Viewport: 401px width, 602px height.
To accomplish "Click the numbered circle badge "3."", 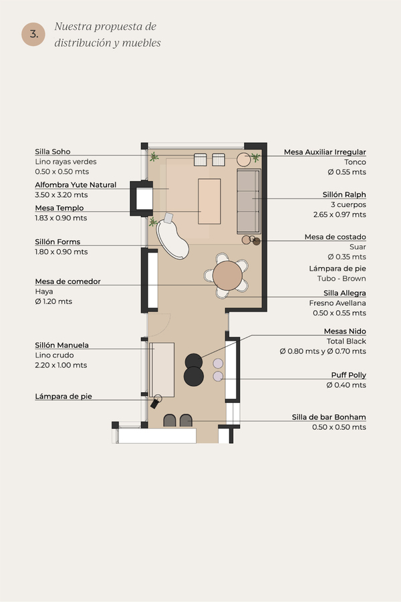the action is (x=33, y=34).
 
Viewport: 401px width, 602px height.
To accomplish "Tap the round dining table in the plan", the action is (x=227, y=275).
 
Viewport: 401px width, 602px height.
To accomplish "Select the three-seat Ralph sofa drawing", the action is (x=249, y=201).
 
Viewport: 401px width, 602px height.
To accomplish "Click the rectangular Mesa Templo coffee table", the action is (x=209, y=201).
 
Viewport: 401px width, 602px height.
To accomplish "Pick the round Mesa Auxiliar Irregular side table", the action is (x=243, y=159).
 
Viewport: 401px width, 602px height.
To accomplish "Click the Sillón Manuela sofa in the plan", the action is (x=162, y=369).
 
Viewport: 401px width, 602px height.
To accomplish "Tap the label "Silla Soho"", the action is (x=53, y=152).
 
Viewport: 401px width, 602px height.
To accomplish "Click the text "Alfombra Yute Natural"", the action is (x=76, y=184).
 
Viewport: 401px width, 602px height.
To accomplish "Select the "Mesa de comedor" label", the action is (x=68, y=281).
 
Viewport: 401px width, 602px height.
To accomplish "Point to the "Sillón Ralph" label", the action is (x=344, y=194).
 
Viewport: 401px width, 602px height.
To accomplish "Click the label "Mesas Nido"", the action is (x=345, y=331).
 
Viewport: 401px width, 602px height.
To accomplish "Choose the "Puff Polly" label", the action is (x=349, y=375).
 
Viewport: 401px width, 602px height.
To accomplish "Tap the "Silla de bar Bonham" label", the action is (x=329, y=418).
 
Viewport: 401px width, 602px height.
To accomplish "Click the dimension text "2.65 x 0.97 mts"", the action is (x=340, y=214).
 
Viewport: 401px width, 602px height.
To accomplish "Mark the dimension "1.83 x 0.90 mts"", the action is (x=61, y=218).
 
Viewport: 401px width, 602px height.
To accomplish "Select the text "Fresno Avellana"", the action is (x=338, y=303).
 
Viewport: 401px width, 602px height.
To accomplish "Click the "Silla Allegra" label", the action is (x=345, y=293).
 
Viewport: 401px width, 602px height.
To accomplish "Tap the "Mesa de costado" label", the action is (x=336, y=237).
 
